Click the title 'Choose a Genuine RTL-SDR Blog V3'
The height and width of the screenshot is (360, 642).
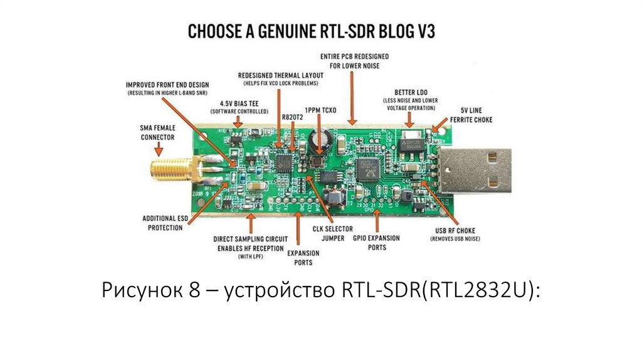point(320,31)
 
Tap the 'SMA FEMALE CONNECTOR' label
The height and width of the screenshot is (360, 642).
point(157,132)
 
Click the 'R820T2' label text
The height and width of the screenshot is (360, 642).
point(293,117)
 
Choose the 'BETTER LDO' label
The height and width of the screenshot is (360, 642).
point(411,92)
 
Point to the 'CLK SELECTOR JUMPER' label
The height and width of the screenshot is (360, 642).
point(333,233)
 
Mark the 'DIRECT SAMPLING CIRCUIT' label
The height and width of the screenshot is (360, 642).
point(250,243)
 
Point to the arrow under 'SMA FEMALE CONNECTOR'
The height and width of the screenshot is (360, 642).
point(159,150)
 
